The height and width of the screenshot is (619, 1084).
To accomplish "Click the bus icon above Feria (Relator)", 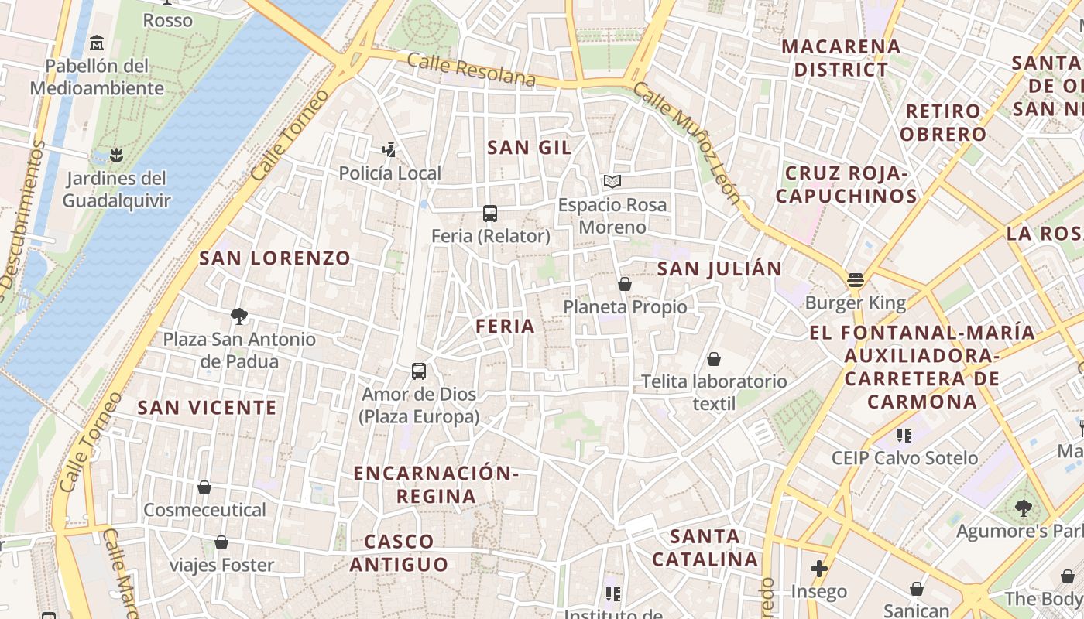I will (489, 214).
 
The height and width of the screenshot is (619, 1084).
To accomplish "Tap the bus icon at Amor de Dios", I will (419, 371).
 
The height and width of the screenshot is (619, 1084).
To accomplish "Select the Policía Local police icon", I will (390, 149).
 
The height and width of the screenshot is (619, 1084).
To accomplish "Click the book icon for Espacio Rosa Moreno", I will (612, 182).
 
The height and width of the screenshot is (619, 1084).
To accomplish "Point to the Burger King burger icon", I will (856, 280).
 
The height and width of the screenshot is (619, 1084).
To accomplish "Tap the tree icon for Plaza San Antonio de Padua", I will (239, 316).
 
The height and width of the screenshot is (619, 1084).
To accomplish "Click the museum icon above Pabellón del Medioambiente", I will (97, 43).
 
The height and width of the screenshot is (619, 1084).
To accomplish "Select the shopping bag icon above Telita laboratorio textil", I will (714, 359).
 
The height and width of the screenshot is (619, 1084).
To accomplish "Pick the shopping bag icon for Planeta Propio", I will (625, 284).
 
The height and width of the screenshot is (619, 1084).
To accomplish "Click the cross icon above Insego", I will (819, 569).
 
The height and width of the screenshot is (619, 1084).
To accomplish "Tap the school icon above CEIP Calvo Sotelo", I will (904, 435).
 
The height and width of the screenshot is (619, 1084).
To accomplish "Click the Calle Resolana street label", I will (471, 70).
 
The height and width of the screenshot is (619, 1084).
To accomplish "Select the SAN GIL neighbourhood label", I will (530, 148).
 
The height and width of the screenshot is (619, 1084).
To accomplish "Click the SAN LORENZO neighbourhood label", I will (275, 258).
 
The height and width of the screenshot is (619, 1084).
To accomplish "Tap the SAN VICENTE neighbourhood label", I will (207, 408).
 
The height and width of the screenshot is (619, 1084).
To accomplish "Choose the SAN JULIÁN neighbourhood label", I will (719, 269).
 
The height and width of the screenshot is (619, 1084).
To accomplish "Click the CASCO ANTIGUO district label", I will (399, 552).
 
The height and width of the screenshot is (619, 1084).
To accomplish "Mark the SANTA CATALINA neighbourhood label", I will (705, 547).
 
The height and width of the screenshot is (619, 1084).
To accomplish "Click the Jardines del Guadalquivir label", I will (116, 190).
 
